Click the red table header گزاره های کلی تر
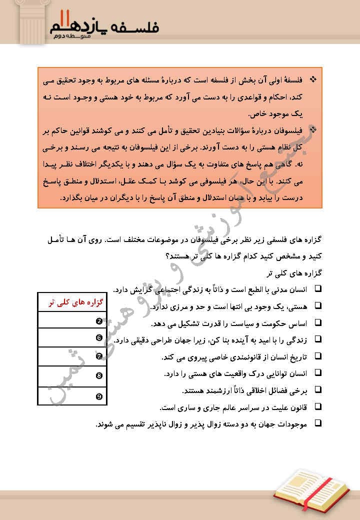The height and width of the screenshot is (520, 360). (73, 303)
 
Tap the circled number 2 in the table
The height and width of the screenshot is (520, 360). (99, 320)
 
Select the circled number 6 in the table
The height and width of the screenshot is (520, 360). (99, 338)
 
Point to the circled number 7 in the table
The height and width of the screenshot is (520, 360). (99, 356)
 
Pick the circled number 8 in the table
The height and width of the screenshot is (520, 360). (99, 375)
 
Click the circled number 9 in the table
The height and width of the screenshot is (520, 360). (99, 396)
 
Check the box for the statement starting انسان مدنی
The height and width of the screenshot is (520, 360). (318, 289)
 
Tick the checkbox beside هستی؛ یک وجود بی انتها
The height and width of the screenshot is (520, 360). (318, 306)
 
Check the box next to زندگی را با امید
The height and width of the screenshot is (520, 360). (318, 340)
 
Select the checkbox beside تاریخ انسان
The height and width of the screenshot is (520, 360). (318, 357)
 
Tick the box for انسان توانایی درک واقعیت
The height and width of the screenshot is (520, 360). (318, 373)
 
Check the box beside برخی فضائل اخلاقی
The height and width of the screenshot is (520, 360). (318, 390)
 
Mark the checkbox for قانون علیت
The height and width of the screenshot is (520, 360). (318, 407)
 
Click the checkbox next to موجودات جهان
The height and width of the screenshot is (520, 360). (318, 423)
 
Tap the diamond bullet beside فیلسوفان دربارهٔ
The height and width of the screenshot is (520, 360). (313, 131)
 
